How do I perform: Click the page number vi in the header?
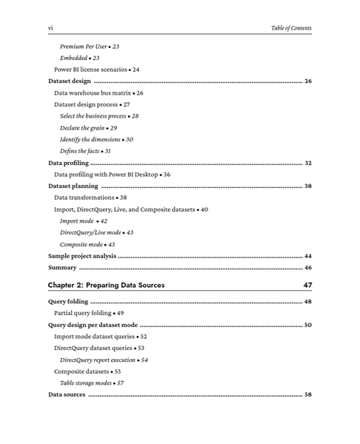point(50,28)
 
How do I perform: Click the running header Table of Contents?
point(291,28)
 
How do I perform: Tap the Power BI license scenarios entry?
point(96,70)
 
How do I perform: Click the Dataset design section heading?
point(70,81)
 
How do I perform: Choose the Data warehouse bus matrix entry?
point(99,93)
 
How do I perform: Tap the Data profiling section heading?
point(68,163)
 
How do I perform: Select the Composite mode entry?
point(87,244)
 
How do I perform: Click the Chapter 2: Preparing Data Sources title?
point(106,285)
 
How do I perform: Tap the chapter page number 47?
point(307,285)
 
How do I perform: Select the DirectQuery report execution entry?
point(104,360)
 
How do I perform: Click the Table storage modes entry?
point(91,383)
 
